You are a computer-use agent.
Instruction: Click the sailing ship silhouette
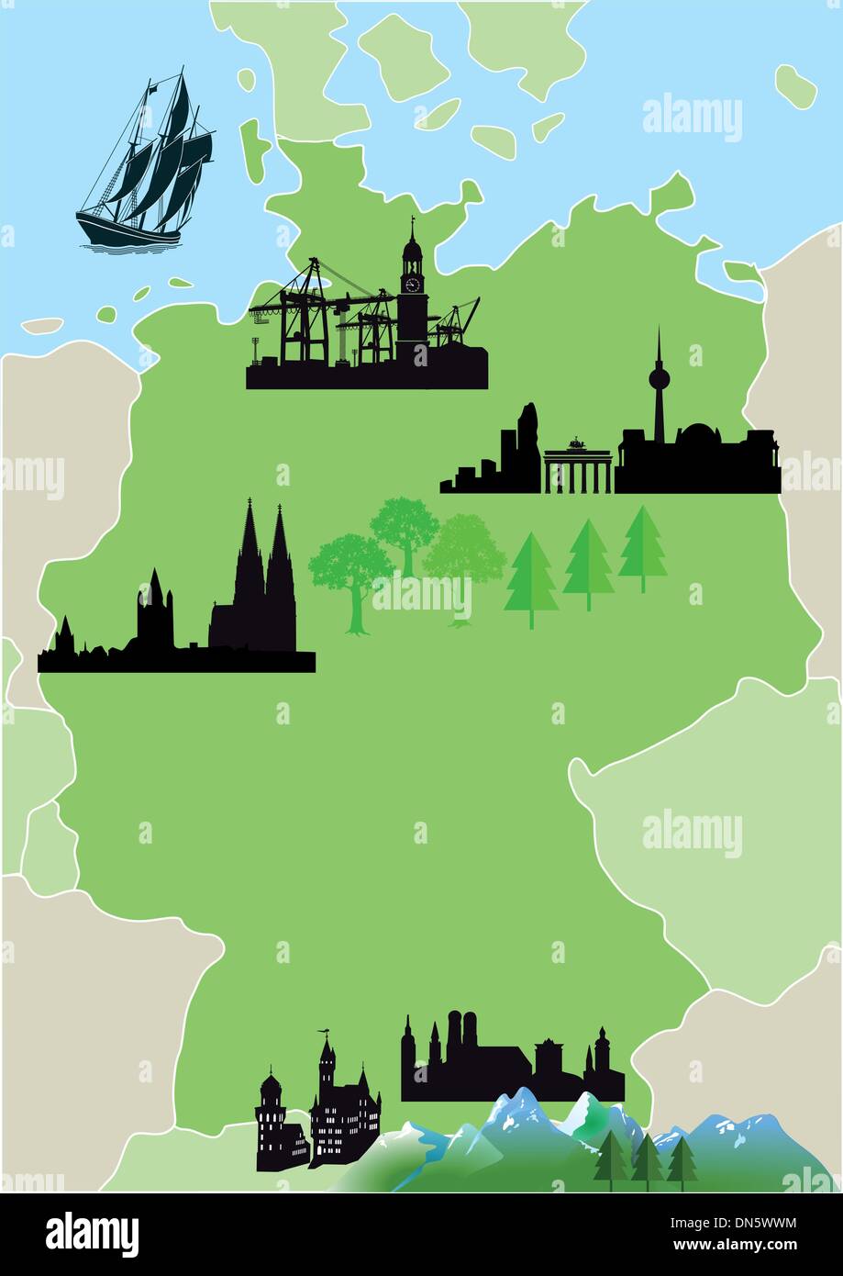147,170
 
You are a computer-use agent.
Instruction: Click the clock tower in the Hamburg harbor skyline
412,285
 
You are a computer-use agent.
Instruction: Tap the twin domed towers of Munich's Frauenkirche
464,1033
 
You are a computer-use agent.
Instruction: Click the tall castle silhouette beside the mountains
339,1111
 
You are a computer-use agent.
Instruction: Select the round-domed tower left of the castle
272,1115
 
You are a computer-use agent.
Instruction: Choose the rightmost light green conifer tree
642,546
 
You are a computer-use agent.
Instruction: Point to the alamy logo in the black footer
92,1235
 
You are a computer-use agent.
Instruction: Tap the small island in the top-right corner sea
794,84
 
